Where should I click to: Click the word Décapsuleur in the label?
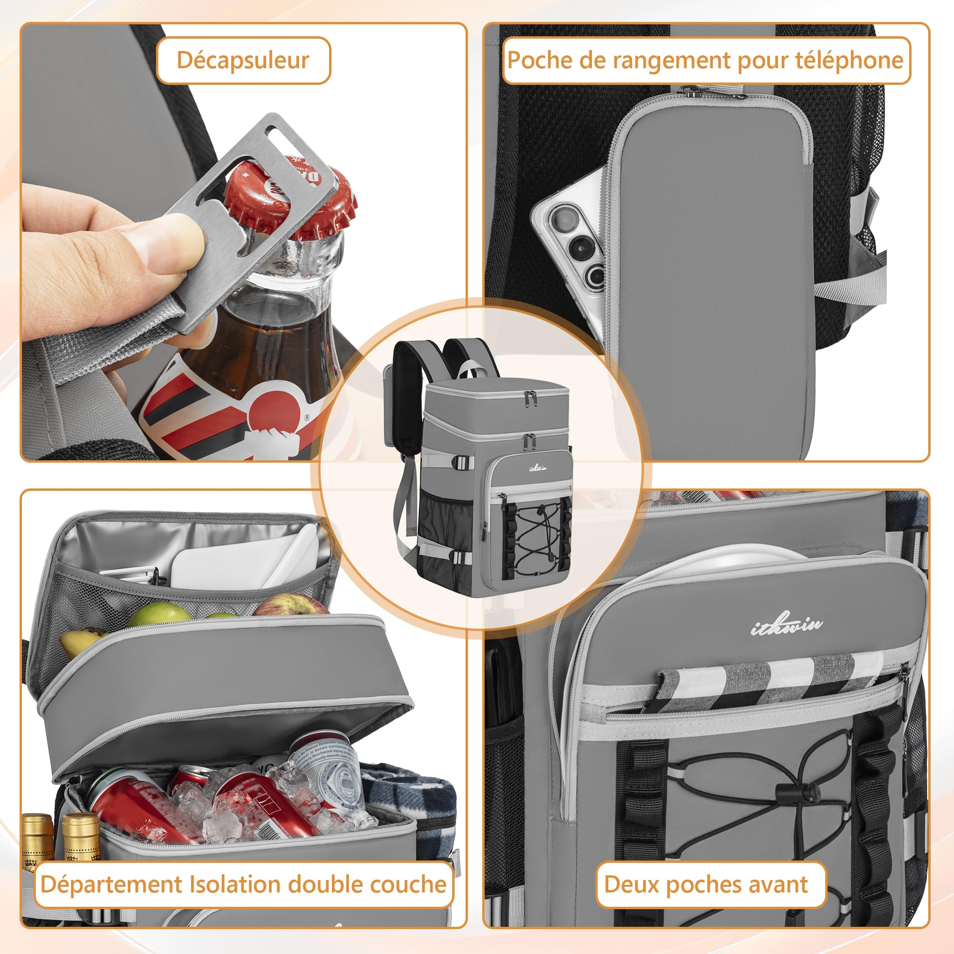tap(242, 60)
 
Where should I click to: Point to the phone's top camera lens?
tap(562, 218)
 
